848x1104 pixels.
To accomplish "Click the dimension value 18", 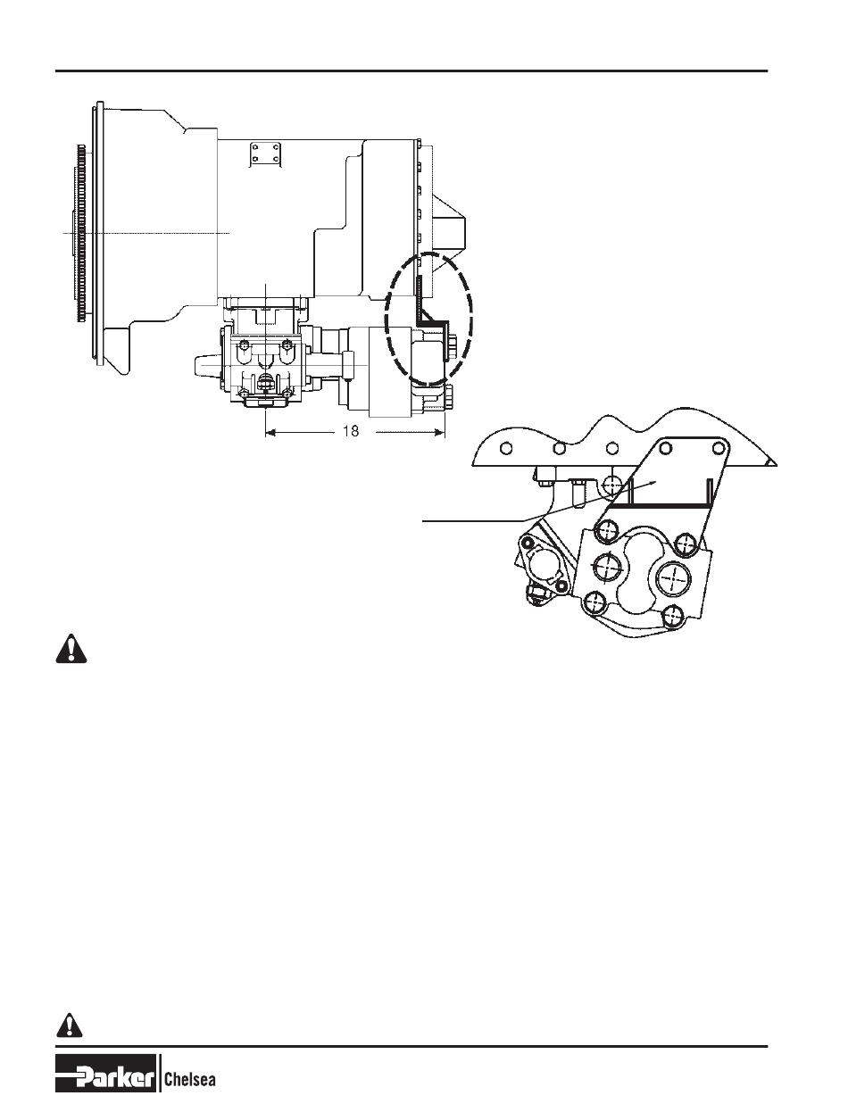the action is pos(351,431).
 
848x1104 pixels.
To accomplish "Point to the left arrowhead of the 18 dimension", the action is pos(270,432).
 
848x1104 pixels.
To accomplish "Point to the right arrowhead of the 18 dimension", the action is pos(439,432).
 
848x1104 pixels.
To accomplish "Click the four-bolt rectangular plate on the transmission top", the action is pos(266,153).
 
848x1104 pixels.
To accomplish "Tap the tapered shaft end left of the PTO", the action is pos(208,366).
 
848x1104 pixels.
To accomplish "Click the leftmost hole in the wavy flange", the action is pos(506,449).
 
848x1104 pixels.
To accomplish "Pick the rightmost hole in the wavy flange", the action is pos(718,448).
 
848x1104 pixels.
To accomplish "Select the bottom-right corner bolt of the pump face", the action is pos(674,615).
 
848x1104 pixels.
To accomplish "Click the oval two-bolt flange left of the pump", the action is pos(542,562).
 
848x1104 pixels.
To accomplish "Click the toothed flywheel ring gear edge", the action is pos(81,233).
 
